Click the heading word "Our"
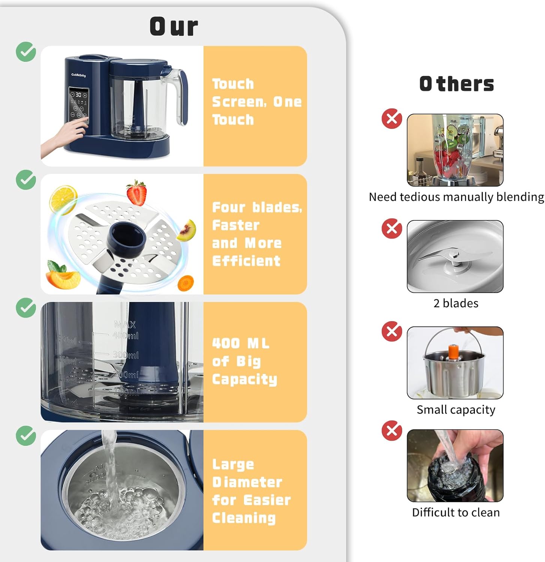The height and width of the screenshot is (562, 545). pyautogui.click(x=174, y=27)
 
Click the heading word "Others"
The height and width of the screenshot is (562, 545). pyautogui.click(x=456, y=84)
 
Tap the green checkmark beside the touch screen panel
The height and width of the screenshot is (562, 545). pyautogui.click(x=26, y=52)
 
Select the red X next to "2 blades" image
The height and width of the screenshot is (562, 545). pyautogui.click(x=392, y=229)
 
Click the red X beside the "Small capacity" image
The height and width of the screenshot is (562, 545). pyautogui.click(x=392, y=331)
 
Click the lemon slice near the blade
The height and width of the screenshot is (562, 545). pyautogui.click(x=63, y=199)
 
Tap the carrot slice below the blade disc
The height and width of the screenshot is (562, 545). pyautogui.click(x=186, y=283)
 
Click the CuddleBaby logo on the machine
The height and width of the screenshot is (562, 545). pyautogui.click(x=79, y=75)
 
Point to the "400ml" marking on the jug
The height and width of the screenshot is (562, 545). pyautogui.click(x=126, y=335)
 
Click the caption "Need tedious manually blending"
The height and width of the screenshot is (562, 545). pyautogui.click(x=456, y=197)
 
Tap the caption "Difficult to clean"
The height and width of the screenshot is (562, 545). pyautogui.click(x=456, y=512)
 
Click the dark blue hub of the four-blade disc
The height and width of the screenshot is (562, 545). pyautogui.click(x=127, y=239)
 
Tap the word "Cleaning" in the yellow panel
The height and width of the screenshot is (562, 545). pyautogui.click(x=244, y=518)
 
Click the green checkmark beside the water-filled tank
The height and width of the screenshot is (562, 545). pyautogui.click(x=26, y=436)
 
